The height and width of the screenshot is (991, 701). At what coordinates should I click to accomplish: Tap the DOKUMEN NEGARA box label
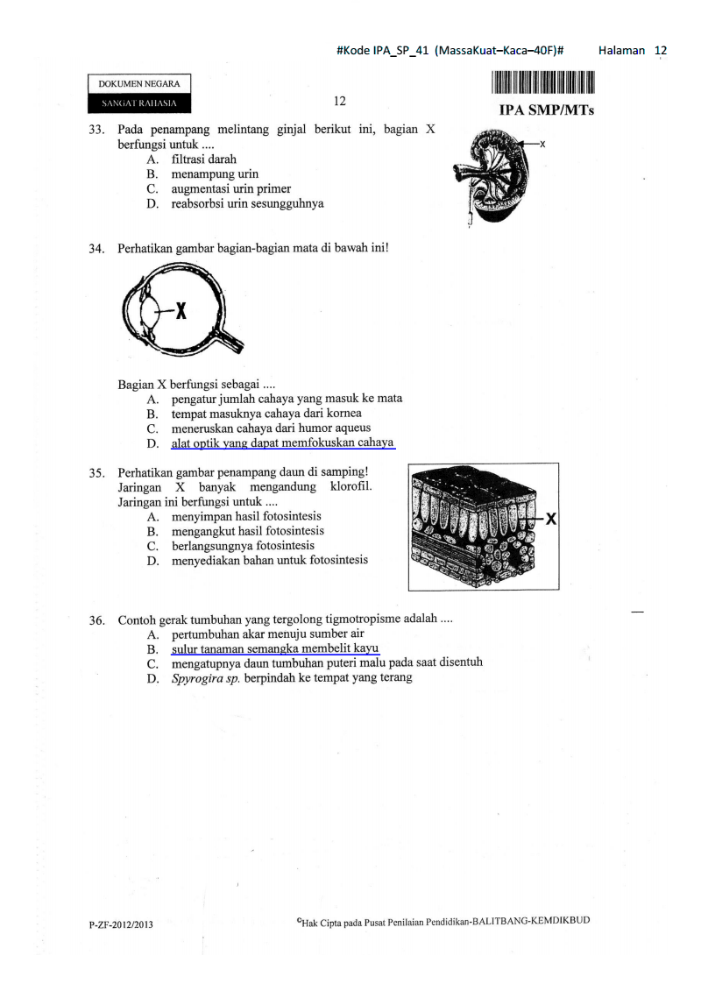point(139,84)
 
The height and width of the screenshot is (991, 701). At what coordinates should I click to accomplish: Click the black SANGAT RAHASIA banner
point(139,103)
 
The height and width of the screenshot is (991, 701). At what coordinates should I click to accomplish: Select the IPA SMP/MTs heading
point(545,111)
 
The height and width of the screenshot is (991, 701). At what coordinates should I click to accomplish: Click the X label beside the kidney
point(543,142)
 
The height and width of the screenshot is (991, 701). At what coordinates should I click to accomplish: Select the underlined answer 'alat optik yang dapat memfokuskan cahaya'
point(282,443)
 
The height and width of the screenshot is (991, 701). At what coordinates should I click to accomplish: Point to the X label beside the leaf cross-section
point(551,519)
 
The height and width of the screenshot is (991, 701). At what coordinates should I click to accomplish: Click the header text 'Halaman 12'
point(632,51)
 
